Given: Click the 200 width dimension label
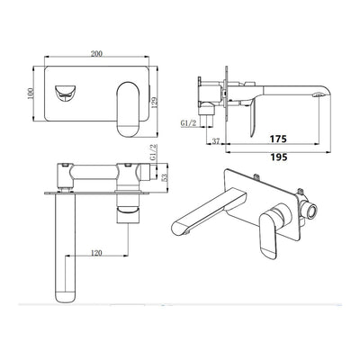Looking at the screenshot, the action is pyautogui.click(x=96, y=54).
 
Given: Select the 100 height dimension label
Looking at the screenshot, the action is pyautogui.click(x=30, y=94).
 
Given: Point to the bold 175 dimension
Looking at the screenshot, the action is pyautogui.click(x=278, y=139).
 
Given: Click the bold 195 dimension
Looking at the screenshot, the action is pyautogui.click(x=278, y=157).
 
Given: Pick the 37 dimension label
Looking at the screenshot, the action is pyautogui.click(x=216, y=141).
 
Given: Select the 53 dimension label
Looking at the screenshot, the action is pyautogui.click(x=165, y=177).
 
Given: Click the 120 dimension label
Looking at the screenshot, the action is pyautogui.click(x=96, y=253).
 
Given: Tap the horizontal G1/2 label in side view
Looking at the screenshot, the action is pyautogui.click(x=189, y=122).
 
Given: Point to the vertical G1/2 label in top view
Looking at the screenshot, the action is pyautogui.click(x=153, y=152).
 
